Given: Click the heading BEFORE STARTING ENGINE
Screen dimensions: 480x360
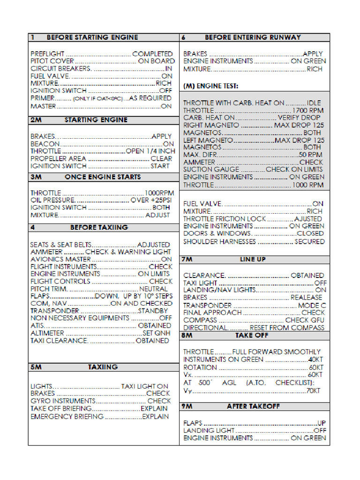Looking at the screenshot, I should (x=92, y=37).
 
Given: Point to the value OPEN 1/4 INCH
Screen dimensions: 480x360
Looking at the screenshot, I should (x=150, y=151).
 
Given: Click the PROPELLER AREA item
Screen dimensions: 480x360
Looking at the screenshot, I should (x=58, y=159).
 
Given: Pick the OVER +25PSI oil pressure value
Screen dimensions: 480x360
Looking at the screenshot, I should (x=151, y=200).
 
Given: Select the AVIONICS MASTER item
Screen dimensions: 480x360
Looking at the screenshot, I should (x=60, y=259).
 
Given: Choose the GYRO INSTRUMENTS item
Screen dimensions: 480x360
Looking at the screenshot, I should (x=63, y=401).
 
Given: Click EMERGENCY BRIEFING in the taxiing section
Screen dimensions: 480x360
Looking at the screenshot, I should (x=67, y=416).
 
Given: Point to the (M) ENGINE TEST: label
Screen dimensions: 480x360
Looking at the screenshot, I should (x=210, y=86).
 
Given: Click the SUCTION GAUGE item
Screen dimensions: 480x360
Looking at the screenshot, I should (x=211, y=170).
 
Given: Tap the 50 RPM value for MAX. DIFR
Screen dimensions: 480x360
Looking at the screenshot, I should (x=310, y=155).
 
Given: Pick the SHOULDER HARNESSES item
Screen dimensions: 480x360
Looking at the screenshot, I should (x=219, y=241).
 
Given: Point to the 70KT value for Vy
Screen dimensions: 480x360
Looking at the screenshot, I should (x=313, y=390).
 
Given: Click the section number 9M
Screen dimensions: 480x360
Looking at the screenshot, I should (x=187, y=406).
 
